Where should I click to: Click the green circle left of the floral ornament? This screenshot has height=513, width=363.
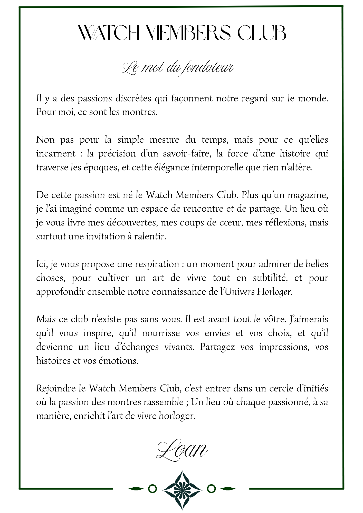coord(152,489)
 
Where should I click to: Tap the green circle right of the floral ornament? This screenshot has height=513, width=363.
coord(211,489)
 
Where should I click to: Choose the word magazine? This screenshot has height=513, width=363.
coord(308,195)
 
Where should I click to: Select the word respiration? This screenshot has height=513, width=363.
coord(157,264)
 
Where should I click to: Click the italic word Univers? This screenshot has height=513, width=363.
coord(240,292)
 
